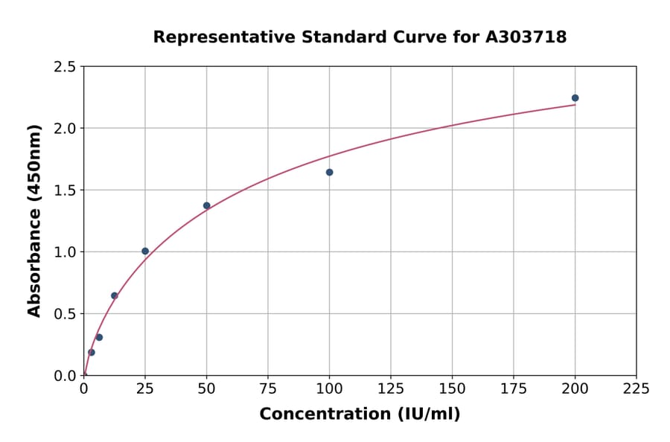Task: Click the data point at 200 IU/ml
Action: click(575, 98)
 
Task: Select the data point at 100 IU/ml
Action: click(329, 173)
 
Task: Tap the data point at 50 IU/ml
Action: click(207, 205)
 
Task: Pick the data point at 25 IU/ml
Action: click(145, 252)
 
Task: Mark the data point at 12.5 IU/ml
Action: click(115, 295)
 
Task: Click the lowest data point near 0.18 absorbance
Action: click(92, 353)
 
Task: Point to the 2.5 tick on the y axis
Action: click(66, 67)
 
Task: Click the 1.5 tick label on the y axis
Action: click(66, 190)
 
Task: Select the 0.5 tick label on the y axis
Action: click(66, 314)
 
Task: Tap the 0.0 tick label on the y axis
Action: click(66, 376)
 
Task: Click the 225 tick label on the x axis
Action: click(636, 389)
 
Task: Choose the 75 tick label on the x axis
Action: click(268, 389)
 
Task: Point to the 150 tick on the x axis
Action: click(452, 389)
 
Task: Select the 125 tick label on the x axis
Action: click(391, 389)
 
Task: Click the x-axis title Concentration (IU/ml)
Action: click(360, 414)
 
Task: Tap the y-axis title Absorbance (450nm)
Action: click(34, 220)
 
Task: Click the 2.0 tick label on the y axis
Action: click(66, 129)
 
